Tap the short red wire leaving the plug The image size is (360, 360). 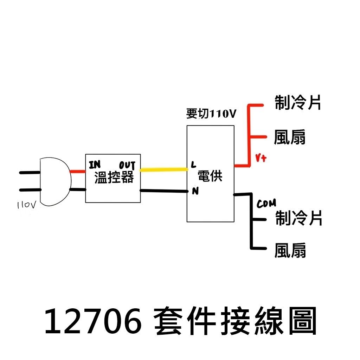point(78,172)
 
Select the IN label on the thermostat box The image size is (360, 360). point(95,165)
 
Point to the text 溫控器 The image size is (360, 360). point(114,178)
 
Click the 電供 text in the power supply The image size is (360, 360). point(210,176)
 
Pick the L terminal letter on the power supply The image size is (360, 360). point(193,164)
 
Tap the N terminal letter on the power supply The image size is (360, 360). point(194,191)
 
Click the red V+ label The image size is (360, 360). point(261,159)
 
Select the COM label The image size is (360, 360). point(266,204)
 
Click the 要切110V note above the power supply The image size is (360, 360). point(211,114)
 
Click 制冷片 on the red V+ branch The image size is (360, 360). point(298,103)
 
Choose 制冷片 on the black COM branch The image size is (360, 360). point(298,218)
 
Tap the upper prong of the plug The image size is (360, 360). point(30,173)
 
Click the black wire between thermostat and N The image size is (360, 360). point(164,191)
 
